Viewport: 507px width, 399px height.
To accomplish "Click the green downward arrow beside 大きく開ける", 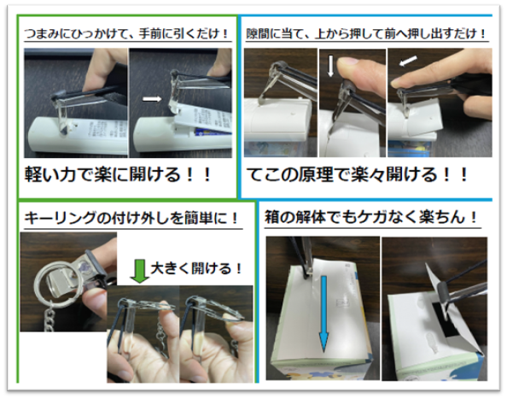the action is pos(139,271).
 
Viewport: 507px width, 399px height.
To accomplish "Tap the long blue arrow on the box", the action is pos(323,314).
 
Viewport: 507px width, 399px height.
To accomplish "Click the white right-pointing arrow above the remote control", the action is pos(152,99).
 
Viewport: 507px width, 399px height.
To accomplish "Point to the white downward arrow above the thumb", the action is pos(330,66).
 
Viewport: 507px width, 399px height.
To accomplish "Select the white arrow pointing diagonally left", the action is pos(408,61).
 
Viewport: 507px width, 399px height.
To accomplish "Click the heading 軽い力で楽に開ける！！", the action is pos(118,175).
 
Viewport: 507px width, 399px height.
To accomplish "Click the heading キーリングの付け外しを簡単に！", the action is pos(131,218).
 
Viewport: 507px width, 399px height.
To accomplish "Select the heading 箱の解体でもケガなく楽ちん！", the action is pos(371,217).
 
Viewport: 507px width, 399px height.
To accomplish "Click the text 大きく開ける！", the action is pos(196,268).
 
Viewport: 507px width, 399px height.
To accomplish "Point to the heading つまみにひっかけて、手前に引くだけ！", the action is pos(126,33).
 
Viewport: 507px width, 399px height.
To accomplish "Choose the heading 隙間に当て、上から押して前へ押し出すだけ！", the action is pos(366,33).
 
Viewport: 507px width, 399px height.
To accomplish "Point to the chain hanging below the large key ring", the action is pos(50,320).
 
